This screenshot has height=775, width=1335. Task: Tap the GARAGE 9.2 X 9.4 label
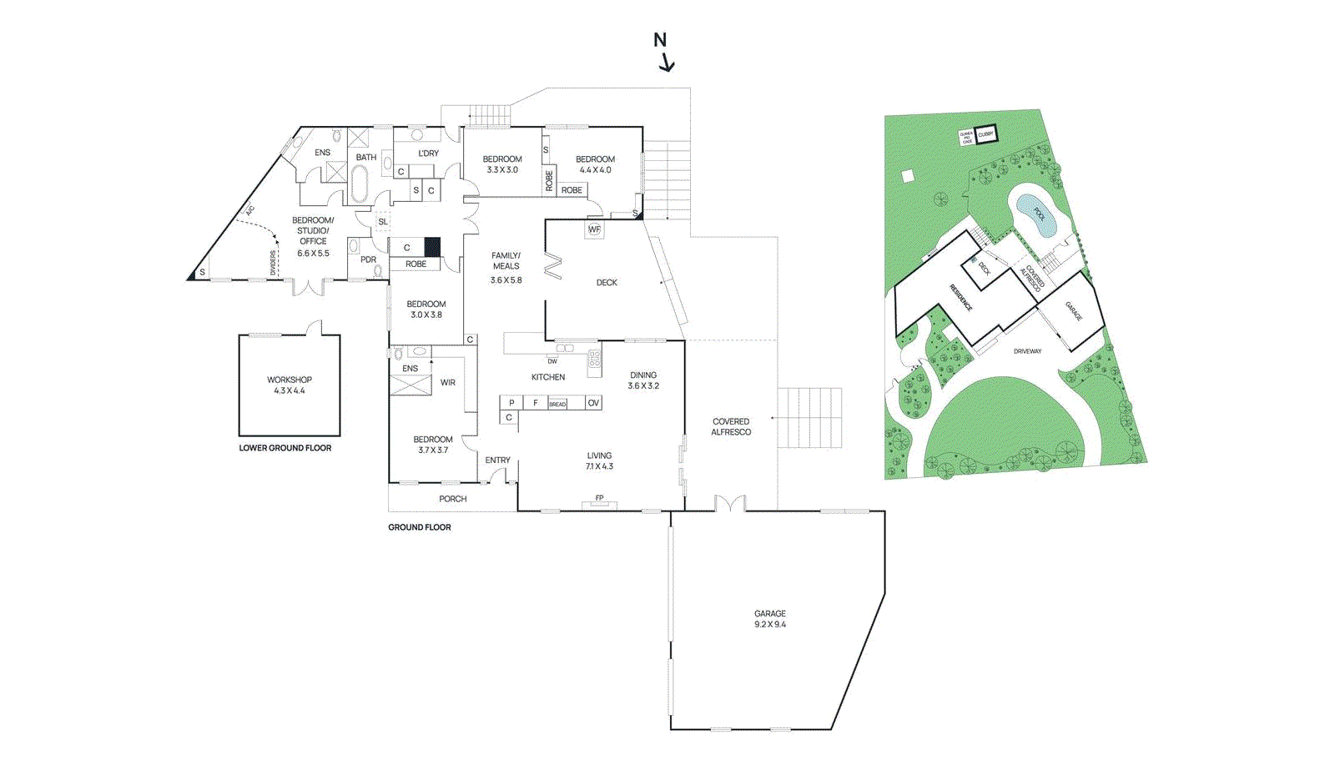769,619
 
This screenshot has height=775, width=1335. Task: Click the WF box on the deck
594,229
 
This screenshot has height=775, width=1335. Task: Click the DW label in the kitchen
552,361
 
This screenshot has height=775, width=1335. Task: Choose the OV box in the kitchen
593,403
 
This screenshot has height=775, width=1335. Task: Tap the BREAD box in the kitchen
557,404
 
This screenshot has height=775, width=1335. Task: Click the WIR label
448,383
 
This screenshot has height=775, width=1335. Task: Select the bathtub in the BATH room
359,184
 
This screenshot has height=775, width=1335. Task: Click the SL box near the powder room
383,222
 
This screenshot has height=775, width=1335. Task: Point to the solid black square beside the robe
432,247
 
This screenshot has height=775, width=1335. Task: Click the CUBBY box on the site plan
986,134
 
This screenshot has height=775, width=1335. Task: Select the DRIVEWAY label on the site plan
1027,351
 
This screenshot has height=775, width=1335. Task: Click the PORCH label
453,499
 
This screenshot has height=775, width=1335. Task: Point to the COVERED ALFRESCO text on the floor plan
731,427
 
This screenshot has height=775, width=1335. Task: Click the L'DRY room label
428,153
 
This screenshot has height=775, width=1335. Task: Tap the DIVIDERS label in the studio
273,263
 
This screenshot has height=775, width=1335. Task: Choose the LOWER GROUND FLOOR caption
285,448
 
